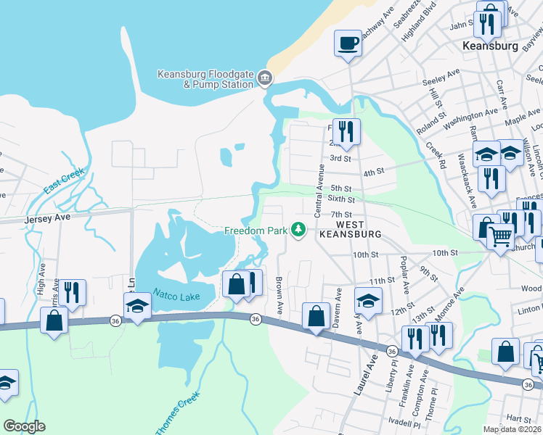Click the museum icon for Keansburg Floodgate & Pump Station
click(265, 78)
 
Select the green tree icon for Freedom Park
click(297, 231)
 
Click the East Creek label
click(64, 181)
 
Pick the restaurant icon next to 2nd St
click(346, 130)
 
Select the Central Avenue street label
click(319, 190)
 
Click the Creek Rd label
click(435, 154)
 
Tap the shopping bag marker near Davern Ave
click(315, 316)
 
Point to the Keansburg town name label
click(491, 46)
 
